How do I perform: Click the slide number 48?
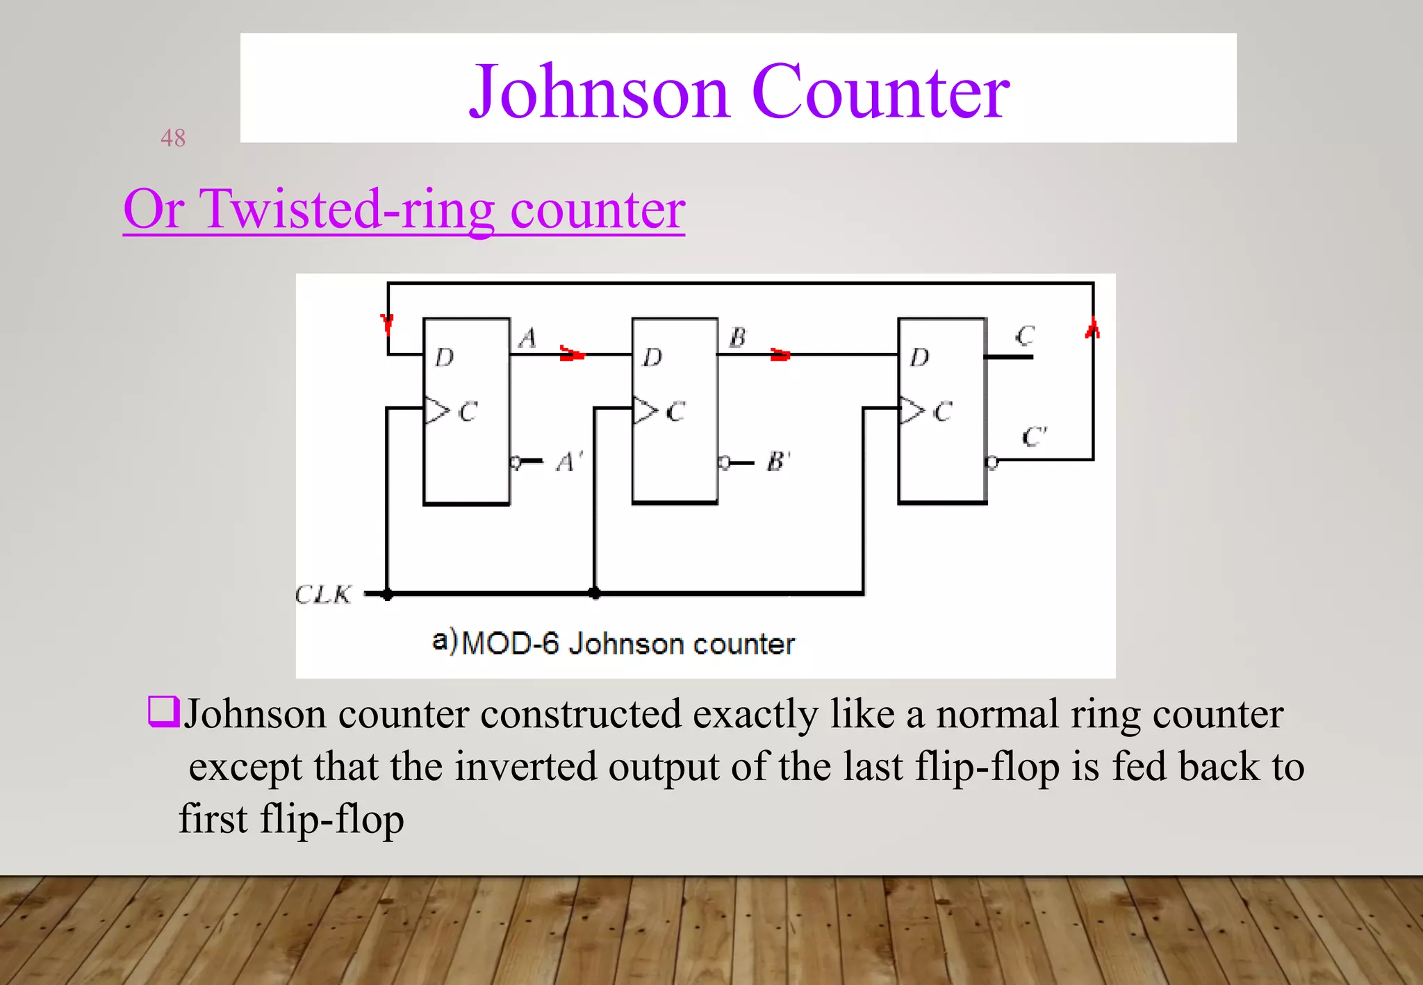click(x=173, y=138)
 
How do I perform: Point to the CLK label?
click(x=323, y=595)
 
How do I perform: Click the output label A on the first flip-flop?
click(x=527, y=338)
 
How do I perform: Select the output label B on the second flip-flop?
click(x=737, y=338)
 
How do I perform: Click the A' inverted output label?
click(x=570, y=462)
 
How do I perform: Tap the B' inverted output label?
click(x=778, y=461)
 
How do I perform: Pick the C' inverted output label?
click(x=1034, y=437)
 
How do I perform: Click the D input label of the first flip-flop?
click(x=444, y=358)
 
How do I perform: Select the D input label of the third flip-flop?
click(x=919, y=358)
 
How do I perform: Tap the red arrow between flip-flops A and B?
click(x=572, y=354)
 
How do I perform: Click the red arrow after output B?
click(x=780, y=355)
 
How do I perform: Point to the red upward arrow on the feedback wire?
click(x=1092, y=328)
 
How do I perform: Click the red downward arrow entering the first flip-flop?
click(x=387, y=323)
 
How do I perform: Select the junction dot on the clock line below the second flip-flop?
click(x=595, y=593)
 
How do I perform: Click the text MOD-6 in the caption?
click(x=510, y=643)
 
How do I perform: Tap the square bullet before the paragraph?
click(x=164, y=712)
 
